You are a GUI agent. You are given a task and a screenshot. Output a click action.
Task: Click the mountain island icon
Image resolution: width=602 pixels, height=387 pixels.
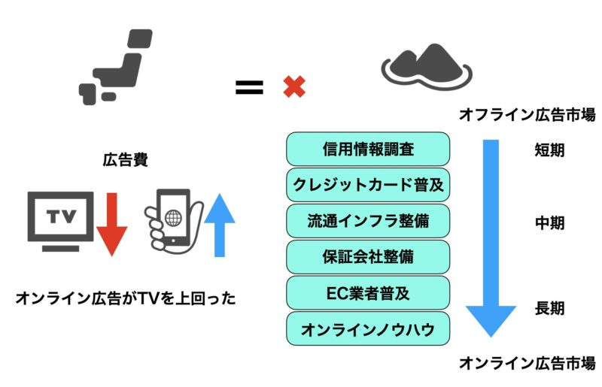[x=426, y=65]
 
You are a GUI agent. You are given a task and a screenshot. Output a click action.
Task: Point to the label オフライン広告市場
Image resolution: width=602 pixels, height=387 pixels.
[x=528, y=116]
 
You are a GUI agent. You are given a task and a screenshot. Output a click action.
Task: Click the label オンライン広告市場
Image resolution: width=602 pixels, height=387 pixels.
[x=528, y=362]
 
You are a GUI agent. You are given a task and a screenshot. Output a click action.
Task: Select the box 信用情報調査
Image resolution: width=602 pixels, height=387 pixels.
[x=368, y=150]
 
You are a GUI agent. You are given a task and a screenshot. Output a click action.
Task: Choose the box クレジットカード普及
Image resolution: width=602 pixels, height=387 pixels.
[x=368, y=185]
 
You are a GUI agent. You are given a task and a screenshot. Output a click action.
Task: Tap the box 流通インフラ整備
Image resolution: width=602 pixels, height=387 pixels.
[x=368, y=220]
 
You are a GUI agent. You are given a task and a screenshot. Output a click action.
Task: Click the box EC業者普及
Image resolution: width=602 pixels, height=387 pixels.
[x=368, y=292]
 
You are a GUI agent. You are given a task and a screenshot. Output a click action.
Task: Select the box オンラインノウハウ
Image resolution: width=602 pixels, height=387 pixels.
[x=368, y=328]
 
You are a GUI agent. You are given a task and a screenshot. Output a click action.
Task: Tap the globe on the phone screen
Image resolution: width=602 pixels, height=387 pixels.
[x=173, y=219]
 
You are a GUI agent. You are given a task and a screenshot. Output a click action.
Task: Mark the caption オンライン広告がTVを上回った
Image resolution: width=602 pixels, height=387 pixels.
[x=126, y=298]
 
